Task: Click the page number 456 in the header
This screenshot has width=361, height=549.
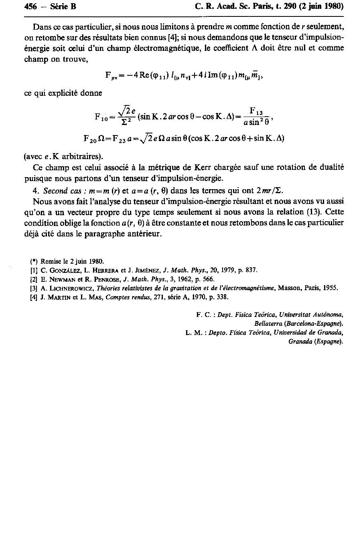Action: (30, 7)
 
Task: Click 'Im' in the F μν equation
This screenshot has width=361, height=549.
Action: (212, 75)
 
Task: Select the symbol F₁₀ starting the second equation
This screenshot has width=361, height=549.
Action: (100, 117)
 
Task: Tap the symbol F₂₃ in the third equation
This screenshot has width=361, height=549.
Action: (120, 139)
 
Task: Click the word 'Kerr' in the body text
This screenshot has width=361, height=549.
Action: (195, 167)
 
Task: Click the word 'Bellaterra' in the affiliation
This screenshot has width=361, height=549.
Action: (269, 323)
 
